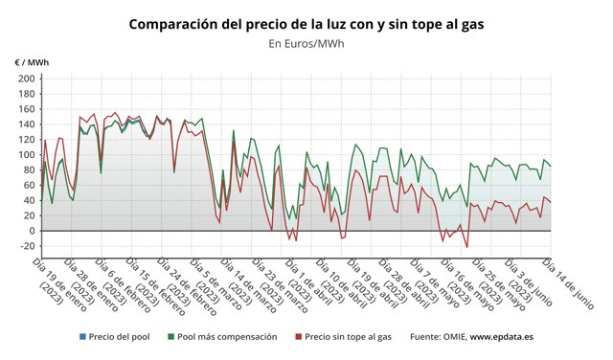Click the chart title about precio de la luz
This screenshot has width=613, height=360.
(306, 23)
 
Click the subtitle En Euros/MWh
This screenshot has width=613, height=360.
(306, 43)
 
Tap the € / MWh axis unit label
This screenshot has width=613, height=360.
(32, 62)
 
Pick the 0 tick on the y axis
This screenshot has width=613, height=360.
(32, 231)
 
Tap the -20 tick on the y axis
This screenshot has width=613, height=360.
(27, 246)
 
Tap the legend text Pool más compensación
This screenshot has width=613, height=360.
(227, 337)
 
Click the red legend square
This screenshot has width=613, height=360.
(298, 337)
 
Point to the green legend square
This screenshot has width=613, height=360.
(170, 337)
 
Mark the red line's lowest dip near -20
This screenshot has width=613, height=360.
(467, 247)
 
